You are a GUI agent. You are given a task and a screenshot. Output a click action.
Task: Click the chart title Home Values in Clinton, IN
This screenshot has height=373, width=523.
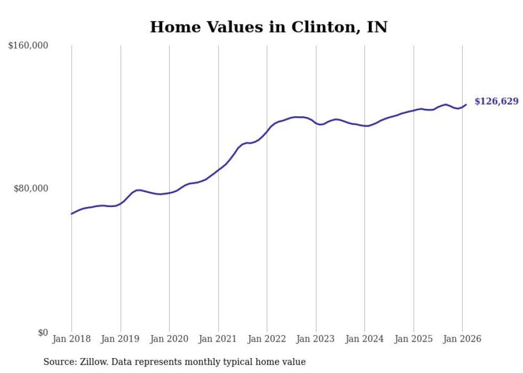[268, 27]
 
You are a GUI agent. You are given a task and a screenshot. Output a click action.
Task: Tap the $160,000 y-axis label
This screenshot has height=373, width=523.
[28, 46]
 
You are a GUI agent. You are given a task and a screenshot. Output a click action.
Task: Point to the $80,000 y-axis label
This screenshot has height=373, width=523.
[31, 188]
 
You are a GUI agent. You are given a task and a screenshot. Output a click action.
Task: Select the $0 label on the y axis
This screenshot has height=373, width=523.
[43, 332]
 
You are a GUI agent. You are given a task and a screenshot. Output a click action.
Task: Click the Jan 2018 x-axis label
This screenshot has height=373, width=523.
[72, 339]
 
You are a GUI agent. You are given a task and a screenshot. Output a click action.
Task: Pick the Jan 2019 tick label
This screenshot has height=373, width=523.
[121, 339]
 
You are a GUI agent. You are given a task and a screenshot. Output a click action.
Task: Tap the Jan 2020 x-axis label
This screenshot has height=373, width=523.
[169, 339]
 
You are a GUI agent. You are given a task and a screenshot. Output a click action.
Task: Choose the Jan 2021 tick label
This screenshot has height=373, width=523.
[218, 339]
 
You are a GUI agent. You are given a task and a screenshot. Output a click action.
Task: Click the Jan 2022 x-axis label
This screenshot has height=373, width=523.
[267, 339]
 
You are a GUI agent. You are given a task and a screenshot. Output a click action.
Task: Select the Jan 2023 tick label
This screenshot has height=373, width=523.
[316, 339]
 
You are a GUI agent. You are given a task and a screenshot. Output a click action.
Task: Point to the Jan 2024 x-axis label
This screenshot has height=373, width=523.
[364, 339]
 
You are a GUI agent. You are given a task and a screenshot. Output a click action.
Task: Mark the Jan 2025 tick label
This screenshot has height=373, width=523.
[414, 339]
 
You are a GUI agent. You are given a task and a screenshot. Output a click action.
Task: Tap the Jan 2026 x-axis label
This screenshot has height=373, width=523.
[462, 339]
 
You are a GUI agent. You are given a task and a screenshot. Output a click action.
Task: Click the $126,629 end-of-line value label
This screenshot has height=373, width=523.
[496, 101]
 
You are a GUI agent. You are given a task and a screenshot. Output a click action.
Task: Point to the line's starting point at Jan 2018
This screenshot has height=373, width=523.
[72, 214]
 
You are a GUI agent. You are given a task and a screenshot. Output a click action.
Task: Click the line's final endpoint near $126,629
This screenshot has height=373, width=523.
[466, 105]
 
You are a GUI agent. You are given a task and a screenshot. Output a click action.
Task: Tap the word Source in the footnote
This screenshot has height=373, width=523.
[58, 362]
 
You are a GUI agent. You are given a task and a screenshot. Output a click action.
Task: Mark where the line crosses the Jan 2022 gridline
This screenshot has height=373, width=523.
[267, 131]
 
